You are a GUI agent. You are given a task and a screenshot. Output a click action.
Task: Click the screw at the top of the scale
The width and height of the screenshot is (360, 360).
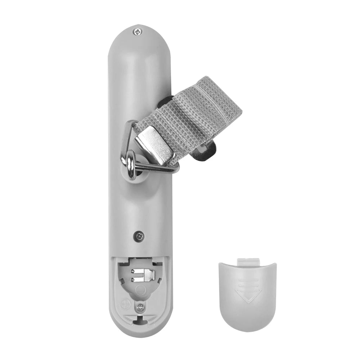coord(138,32)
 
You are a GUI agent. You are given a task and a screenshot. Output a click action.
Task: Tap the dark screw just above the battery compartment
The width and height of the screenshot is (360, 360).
coord(139,236)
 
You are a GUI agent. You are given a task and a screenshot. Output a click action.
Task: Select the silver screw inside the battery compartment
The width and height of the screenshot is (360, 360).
coord(140,307)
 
